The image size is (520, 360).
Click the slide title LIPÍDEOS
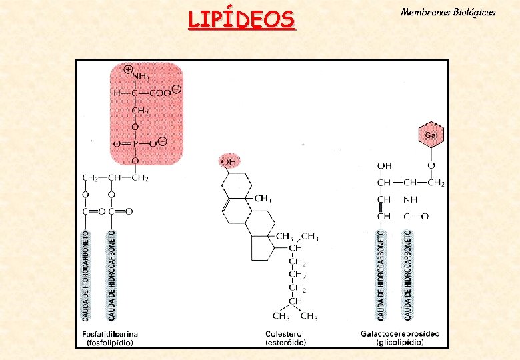coord(241,19)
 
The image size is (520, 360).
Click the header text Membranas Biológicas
coord(448,13)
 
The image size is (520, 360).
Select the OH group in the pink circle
coord(229,161)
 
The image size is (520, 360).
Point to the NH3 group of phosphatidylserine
coord(140,79)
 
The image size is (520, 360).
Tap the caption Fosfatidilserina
coord(110,333)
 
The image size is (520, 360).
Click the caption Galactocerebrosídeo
coord(400,333)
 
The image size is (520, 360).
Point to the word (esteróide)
coord(285,343)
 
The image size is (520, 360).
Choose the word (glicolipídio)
coord(400,343)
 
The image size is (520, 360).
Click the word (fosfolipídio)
coord(110,343)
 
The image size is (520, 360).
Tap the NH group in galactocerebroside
coord(411,199)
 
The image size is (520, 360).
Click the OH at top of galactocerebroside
coord(385,166)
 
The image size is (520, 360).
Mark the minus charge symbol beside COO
coord(176,89)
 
